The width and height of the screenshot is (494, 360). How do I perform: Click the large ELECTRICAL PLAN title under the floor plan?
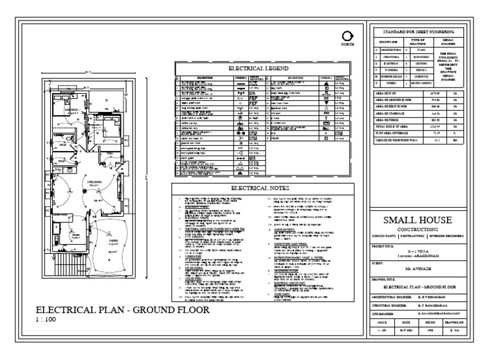coord(122,310)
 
